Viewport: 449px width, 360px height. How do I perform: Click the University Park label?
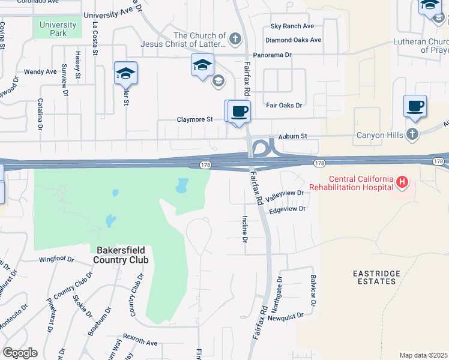click(x=58, y=29)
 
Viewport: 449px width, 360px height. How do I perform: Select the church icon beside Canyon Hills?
click(x=412, y=134)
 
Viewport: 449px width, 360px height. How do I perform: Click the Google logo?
click(x=20, y=353)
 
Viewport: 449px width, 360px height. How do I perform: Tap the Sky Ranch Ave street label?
click(x=292, y=26)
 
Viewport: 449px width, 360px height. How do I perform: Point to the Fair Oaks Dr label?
click(x=284, y=105)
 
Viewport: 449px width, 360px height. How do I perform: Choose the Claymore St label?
click(x=194, y=119)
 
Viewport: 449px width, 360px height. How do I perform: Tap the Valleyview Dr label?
click(x=285, y=193)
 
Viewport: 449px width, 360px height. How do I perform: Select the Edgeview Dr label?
click(x=288, y=209)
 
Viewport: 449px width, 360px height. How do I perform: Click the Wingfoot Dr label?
click(x=56, y=260)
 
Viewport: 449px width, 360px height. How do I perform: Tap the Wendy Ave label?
click(x=40, y=72)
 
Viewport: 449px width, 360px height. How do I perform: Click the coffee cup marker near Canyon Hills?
click(x=415, y=106)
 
